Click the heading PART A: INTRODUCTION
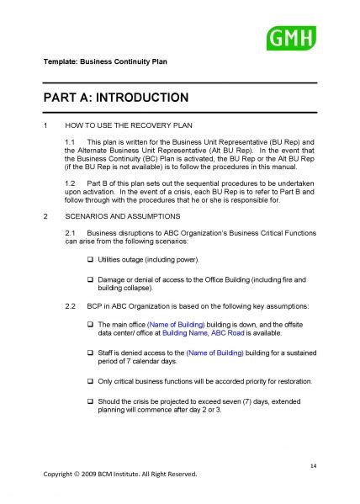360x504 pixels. (117, 98)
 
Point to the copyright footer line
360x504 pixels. (120, 474)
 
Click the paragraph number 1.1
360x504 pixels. (71, 141)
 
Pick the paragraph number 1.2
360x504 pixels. (71, 182)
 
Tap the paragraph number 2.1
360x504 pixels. (71, 231)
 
